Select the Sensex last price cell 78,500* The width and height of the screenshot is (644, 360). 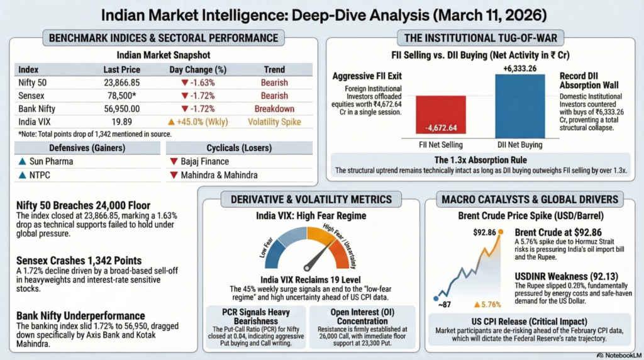[121, 96]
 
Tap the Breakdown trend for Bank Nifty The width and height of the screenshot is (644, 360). [274, 108]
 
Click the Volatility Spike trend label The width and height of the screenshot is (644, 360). [274, 121]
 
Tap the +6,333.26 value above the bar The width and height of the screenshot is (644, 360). [519, 69]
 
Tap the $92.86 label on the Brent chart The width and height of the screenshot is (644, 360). [484, 233]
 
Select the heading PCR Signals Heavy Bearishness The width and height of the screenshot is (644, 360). [256, 316]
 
